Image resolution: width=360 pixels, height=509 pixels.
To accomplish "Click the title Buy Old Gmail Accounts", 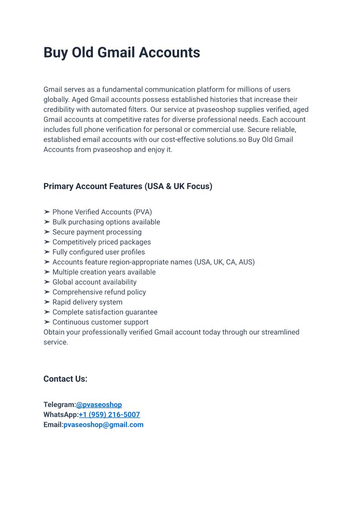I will pyautogui.click(x=121, y=53).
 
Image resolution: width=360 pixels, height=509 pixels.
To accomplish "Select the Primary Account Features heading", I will pyautogui.click(x=128, y=186).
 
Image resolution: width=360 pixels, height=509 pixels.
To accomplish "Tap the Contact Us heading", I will pyautogui.click(x=65, y=379).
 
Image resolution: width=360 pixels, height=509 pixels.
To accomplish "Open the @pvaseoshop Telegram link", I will pyautogui.click(x=99, y=404).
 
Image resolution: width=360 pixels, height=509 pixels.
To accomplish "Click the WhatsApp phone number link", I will pyautogui.click(x=109, y=415).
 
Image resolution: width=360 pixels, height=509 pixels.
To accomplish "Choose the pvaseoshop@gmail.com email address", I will pyautogui.click(x=103, y=425).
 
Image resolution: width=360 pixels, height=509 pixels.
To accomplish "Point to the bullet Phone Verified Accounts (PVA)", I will pyautogui.click(x=102, y=212).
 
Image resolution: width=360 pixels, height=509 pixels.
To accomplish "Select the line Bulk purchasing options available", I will pyautogui.click(x=106, y=222).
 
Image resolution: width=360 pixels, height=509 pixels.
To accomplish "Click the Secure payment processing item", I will pyautogui.click(x=97, y=232).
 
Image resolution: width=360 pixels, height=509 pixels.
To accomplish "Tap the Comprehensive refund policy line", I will pyautogui.click(x=99, y=292).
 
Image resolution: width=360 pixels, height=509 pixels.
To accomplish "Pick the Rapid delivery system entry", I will pyautogui.click(x=87, y=302).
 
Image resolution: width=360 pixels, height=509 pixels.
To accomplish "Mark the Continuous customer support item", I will pyautogui.click(x=100, y=322).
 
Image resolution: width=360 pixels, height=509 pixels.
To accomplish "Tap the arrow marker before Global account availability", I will pyautogui.click(x=47, y=282).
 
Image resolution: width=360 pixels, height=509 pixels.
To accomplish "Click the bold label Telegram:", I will pyautogui.click(x=59, y=404).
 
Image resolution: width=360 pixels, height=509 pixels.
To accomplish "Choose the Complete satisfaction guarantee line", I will pyautogui.click(x=105, y=312).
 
